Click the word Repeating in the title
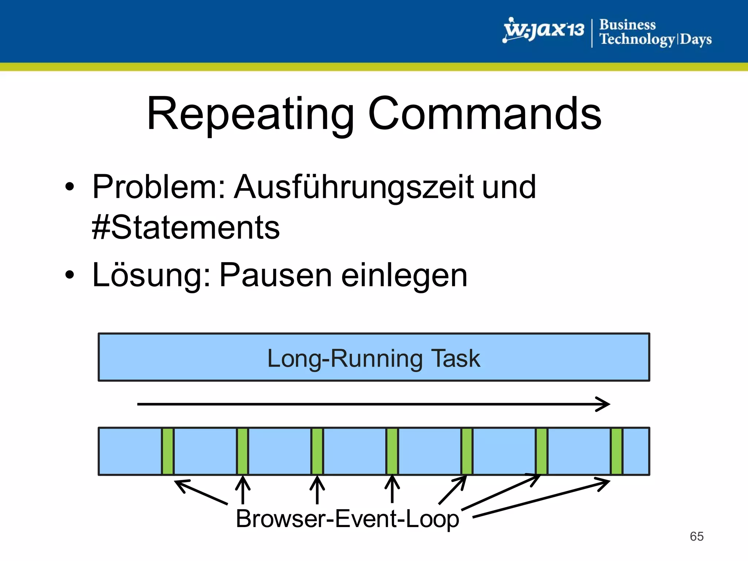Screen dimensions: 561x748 click(x=251, y=114)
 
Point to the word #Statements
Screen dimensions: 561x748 click(x=186, y=228)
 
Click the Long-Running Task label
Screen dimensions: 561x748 click(x=374, y=358)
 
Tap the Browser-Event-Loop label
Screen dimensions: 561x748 click(x=347, y=519)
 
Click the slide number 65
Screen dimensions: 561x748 click(x=697, y=536)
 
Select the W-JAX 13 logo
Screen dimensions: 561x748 click(x=543, y=31)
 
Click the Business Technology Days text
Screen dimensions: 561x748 click(x=655, y=32)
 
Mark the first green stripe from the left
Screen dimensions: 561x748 click(x=168, y=451)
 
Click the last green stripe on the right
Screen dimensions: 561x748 click(x=617, y=451)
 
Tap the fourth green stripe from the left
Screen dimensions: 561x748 click(x=392, y=451)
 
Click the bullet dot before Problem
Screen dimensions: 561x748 click(x=69, y=187)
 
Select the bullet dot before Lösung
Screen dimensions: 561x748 click(x=69, y=275)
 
